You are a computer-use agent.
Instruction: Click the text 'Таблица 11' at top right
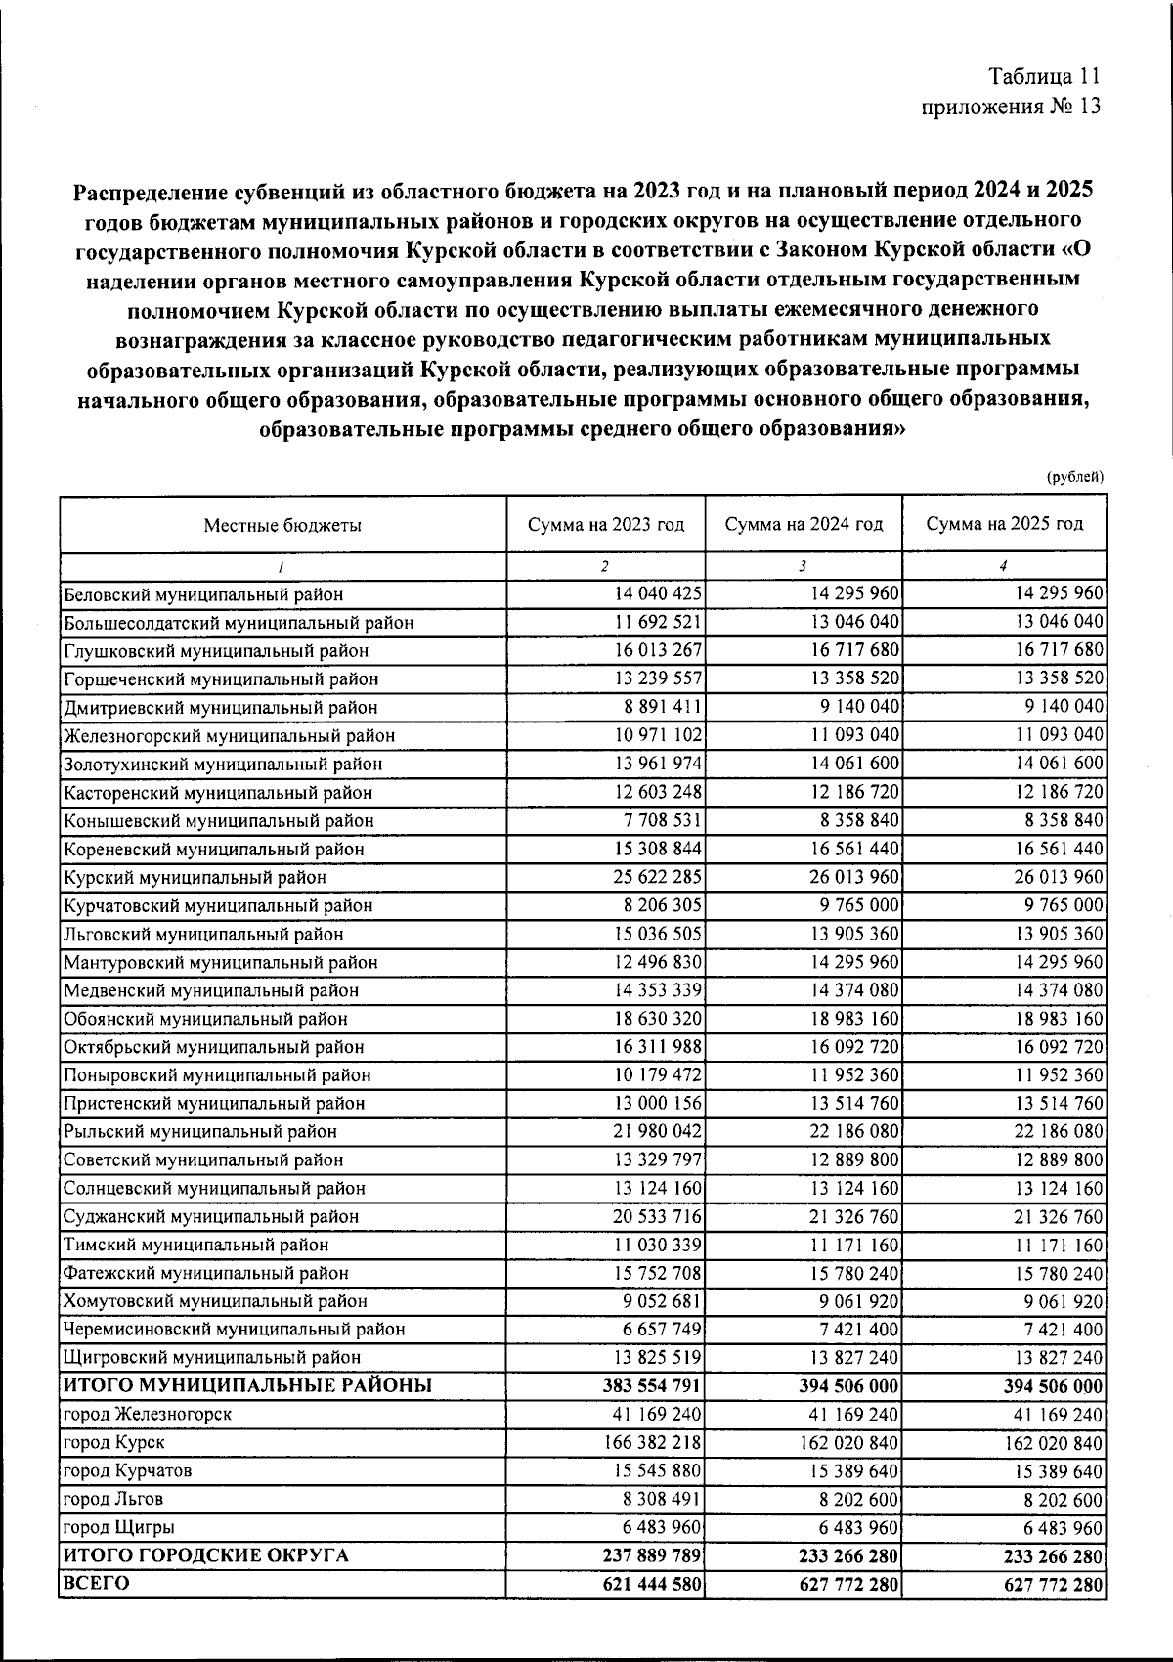coord(1045,77)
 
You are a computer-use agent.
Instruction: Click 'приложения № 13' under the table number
coord(1012,107)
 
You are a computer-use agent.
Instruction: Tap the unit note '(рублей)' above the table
coord(1075,477)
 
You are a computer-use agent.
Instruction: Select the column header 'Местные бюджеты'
coord(282,525)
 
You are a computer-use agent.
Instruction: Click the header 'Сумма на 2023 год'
coord(606,524)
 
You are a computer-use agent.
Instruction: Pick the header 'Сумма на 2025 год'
coord(1004,524)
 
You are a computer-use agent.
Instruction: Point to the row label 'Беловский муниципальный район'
coord(203,594)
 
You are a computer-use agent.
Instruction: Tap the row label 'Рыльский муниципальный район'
coord(200,1132)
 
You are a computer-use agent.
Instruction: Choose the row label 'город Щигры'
coord(118,1527)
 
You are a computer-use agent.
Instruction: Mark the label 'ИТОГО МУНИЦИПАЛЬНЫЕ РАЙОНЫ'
coord(247,1385)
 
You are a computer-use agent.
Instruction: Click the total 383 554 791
coord(651,1386)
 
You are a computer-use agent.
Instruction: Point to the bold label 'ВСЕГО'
coord(97,1583)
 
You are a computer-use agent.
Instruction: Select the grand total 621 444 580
coord(651,1584)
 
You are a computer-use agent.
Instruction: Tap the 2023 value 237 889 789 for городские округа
coord(651,1555)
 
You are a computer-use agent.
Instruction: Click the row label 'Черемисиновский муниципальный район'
coord(234,1330)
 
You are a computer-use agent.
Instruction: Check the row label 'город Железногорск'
coord(148,1414)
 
